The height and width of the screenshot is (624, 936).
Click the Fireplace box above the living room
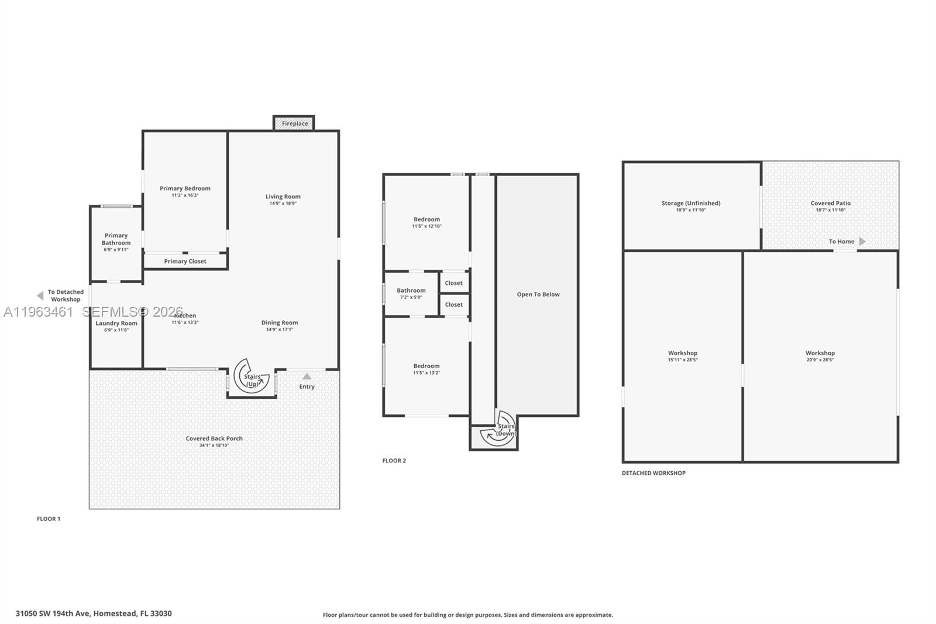pyautogui.click(x=294, y=124)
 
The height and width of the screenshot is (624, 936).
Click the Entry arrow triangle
pyautogui.click(x=307, y=376)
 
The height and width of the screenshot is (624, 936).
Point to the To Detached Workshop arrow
pyautogui.click(x=40, y=296)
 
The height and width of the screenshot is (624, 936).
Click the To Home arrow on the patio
pyautogui.click(x=862, y=241)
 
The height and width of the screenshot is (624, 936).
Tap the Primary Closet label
pyautogui.click(x=185, y=261)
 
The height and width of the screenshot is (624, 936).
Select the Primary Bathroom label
pyautogui.click(x=116, y=239)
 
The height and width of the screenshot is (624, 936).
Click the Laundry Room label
pyautogui.click(x=116, y=323)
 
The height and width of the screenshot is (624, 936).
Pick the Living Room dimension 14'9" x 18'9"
pyautogui.click(x=283, y=204)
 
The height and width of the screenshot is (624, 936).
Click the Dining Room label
pyautogui.click(x=280, y=323)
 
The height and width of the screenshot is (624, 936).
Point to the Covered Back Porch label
pyautogui.click(x=214, y=438)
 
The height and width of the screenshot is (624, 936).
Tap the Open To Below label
pyautogui.click(x=538, y=294)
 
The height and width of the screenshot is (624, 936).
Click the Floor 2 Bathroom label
pyautogui.click(x=411, y=290)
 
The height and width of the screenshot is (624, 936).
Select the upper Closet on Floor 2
pyautogui.click(x=454, y=283)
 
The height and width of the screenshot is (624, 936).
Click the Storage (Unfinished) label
pyautogui.click(x=691, y=203)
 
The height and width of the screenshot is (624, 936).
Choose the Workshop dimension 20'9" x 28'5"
pyautogui.click(x=820, y=360)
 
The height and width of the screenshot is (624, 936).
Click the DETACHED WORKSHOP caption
pyautogui.click(x=653, y=473)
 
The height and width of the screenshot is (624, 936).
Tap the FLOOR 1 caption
pyautogui.click(x=49, y=519)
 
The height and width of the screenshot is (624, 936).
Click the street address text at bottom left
pyautogui.click(x=94, y=613)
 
